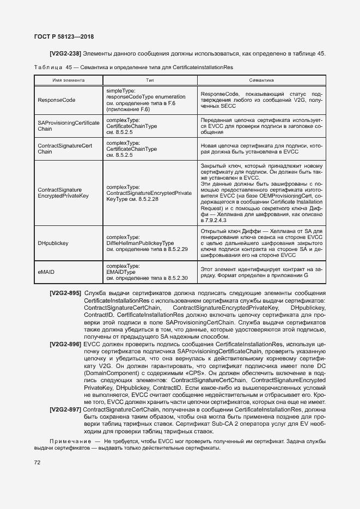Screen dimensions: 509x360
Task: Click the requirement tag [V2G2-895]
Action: (x=65, y=294)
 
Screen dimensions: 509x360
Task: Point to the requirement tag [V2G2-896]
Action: (x=65, y=345)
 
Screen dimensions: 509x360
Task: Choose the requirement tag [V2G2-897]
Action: (x=65, y=409)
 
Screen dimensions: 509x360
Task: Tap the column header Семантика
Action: (x=261, y=79)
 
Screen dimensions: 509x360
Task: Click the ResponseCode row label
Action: (x=57, y=100)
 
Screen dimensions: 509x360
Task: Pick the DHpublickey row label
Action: (x=53, y=243)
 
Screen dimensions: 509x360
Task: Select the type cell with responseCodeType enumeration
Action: (x=145, y=100)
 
